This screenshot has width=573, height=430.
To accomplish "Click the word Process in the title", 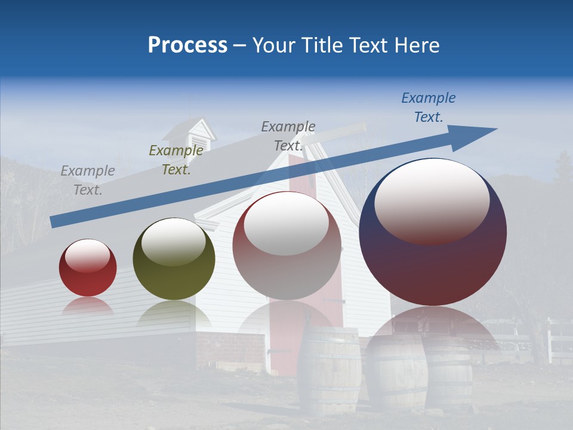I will [187, 45].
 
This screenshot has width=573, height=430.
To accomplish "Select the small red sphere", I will [88, 268].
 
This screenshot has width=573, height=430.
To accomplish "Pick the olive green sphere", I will [174, 259].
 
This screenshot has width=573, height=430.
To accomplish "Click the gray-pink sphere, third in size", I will [286, 246].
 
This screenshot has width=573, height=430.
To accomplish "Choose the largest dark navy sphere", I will [433, 232].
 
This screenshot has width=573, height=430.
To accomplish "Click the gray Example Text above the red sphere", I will [88, 180].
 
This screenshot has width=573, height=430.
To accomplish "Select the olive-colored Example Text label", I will [175, 160].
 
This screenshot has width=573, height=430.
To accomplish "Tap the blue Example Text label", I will [428, 107].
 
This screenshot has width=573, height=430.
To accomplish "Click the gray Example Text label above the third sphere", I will [288, 136].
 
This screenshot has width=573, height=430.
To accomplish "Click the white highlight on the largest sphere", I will [432, 201].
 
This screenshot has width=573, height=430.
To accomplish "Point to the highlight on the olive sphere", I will [174, 241].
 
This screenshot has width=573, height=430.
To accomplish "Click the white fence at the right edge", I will [560, 343].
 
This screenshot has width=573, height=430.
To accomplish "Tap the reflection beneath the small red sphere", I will [88, 306].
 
